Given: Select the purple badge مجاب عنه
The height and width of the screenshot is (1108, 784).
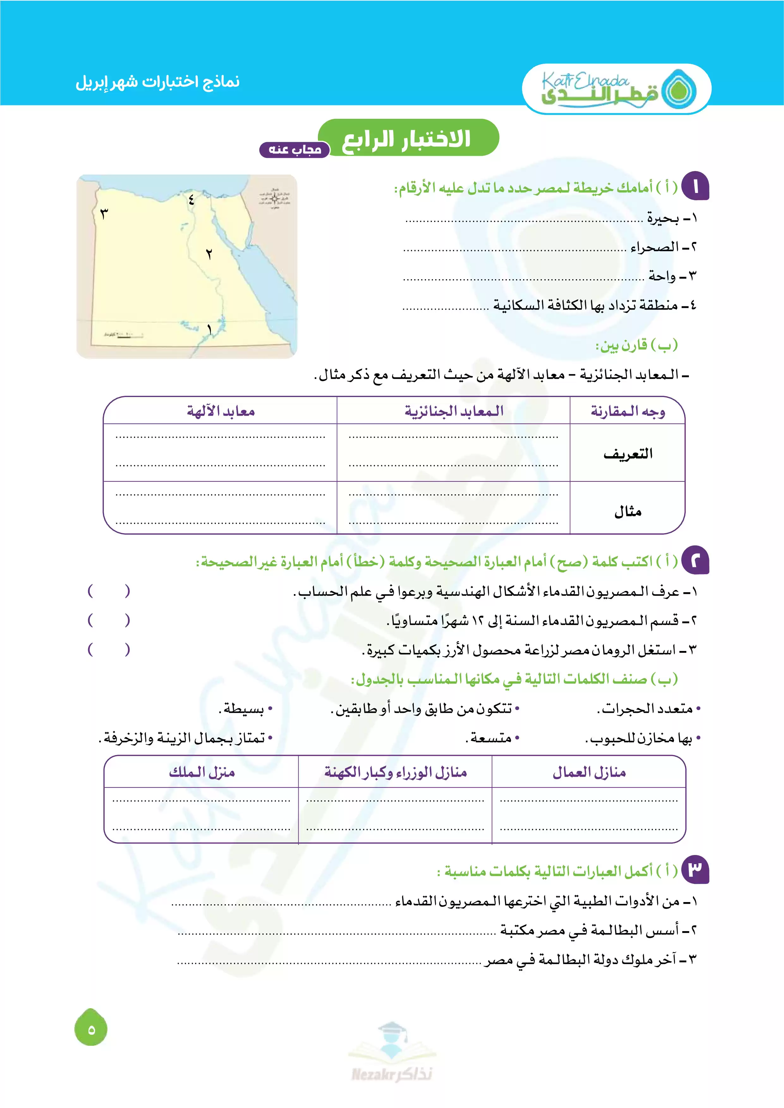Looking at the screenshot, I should coord(295,150).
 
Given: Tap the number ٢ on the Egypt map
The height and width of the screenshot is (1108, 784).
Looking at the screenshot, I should coord(209,254).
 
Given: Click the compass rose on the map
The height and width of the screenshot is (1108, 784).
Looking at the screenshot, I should coord(275,198).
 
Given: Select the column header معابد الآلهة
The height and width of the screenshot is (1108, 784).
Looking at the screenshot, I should coord(221,411).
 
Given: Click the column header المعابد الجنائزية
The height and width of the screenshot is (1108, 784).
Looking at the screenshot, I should coord(454,411).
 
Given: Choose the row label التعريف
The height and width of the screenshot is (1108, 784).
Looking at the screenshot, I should coord(628,454).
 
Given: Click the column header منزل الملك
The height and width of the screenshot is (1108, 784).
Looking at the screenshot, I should coord(202,773).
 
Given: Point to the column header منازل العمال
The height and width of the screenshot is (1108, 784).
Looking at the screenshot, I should coord(589,773).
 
